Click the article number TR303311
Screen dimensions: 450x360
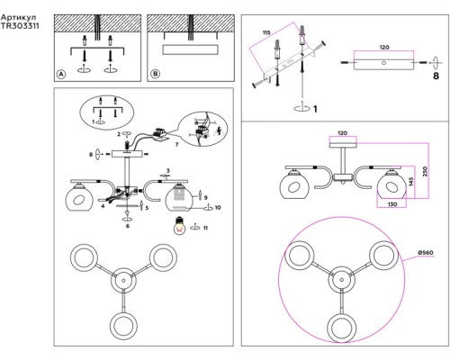point(20,26)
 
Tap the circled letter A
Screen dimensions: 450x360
point(61,74)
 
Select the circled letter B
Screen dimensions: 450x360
point(155,74)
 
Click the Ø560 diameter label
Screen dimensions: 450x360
point(426,253)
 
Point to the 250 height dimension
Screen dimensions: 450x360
point(425,171)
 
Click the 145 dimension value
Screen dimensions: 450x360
point(411,182)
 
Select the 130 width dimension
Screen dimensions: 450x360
point(392,204)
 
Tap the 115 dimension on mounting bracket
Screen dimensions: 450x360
point(266,32)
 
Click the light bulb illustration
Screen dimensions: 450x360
point(179,225)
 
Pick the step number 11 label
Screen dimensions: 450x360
point(205,228)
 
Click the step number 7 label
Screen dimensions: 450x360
point(176,145)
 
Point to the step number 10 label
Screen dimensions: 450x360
point(218,207)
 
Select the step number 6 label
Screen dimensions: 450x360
point(128,226)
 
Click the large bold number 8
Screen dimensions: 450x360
point(436,76)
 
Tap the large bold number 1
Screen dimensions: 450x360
point(315,109)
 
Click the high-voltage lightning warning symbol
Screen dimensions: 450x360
point(220,131)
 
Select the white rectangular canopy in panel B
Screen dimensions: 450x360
point(190,49)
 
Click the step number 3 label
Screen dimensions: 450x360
point(168,171)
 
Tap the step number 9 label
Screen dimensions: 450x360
point(205,198)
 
